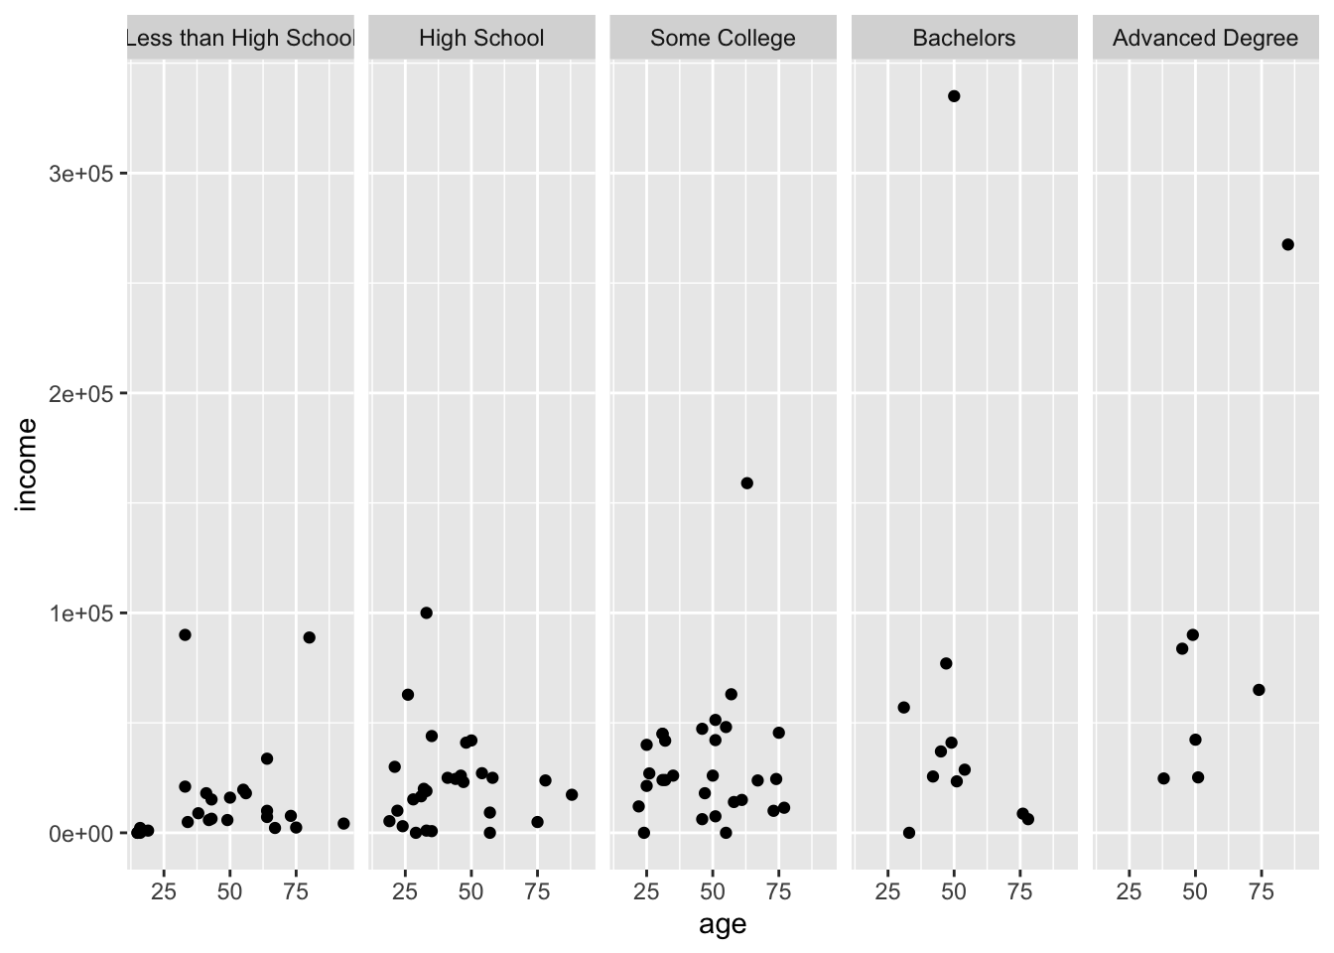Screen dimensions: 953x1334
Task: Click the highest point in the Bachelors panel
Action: [x=954, y=96]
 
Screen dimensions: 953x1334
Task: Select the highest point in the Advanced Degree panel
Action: [x=1288, y=244]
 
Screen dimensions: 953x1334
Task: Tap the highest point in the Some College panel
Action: [x=747, y=483]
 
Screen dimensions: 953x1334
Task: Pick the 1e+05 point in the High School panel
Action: [x=427, y=613]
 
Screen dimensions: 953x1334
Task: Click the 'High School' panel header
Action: [x=481, y=39]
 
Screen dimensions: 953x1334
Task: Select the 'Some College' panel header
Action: [x=723, y=39]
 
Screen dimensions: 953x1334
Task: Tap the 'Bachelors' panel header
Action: [x=964, y=39]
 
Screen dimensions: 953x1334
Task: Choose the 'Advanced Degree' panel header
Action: [x=1205, y=39]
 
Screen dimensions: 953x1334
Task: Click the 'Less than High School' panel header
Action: [x=240, y=39]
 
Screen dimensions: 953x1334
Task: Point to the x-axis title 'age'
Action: [x=723, y=925]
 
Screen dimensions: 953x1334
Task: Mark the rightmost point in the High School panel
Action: [x=572, y=795]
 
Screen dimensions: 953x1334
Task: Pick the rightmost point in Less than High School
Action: [x=343, y=823]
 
